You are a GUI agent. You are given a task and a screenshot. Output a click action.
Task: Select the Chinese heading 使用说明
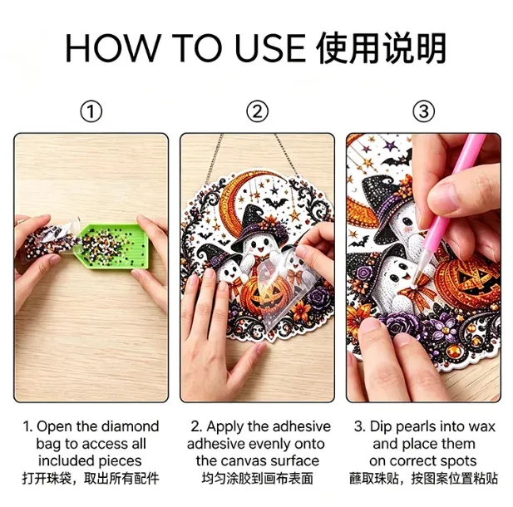tap(382, 48)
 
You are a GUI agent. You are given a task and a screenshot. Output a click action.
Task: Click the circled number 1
tap(91, 111)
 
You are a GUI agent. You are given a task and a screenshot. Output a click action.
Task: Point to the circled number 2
tap(257, 111)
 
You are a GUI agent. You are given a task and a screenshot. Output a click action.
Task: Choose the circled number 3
tap(423, 111)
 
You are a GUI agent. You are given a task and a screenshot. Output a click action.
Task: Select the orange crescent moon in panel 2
tap(235, 199)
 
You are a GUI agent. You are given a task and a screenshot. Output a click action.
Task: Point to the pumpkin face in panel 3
tap(471, 281)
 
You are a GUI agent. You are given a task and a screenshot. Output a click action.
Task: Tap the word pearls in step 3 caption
tap(416, 427)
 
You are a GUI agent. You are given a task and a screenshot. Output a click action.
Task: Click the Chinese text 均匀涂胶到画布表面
tap(258, 478)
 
